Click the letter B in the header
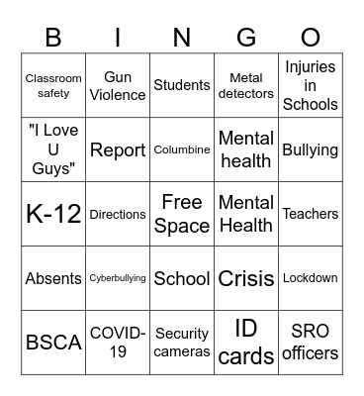point(53,38)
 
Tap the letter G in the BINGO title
point(246,38)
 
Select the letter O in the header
point(311,38)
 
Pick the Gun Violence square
point(118,85)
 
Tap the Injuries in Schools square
point(311,85)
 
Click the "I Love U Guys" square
point(53,149)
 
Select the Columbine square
point(182,149)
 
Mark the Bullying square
point(311,149)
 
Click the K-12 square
point(53,214)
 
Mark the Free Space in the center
point(182,214)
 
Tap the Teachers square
point(311,214)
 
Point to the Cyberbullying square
point(118,278)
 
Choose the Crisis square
point(246,278)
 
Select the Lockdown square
point(311,278)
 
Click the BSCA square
point(53,343)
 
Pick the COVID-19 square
point(118,343)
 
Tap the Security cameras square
point(182,343)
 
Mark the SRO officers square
point(311,343)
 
